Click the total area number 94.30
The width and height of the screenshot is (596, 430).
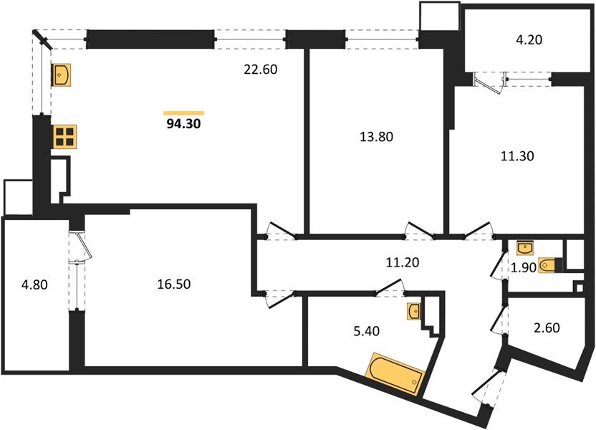tap(183, 123)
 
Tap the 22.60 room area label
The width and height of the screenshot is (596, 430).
tap(260, 70)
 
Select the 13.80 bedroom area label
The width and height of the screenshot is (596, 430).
tap(376, 136)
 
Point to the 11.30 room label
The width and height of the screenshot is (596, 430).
tap(517, 156)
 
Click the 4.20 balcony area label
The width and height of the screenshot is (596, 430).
tap(529, 39)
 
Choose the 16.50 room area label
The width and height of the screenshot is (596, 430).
tap(173, 284)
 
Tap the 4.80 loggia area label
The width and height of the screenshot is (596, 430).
tap(34, 285)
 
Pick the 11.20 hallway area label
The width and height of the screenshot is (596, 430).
tap(402, 262)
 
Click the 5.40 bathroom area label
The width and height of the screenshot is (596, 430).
tap(367, 331)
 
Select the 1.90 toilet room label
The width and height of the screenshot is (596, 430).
tap(524, 267)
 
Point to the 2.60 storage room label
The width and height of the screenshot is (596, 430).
tap(547, 328)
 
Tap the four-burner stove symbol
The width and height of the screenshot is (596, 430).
tap(64, 137)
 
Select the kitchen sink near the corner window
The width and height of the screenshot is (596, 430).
tap(61, 75)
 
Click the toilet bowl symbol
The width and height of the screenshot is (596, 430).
tap(547, 265)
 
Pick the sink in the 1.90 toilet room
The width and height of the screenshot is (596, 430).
tap(525, 248)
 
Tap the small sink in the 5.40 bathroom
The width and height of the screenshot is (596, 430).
tap(413, 311)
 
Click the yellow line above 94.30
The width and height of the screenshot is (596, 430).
tap(183, 113)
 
